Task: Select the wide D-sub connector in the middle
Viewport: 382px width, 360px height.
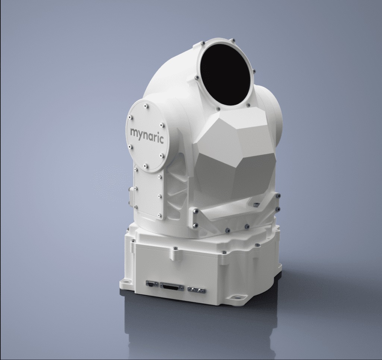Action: coord(172,287)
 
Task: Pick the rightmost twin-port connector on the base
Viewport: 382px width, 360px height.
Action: coord(196,289)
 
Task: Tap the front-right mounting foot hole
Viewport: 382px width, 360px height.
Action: coord(236,298)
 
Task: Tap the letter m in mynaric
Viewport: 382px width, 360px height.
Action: coord(134,132)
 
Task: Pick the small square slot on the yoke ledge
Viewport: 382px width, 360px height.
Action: coord(256,204)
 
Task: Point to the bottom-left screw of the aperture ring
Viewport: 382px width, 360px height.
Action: coord(197,78)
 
